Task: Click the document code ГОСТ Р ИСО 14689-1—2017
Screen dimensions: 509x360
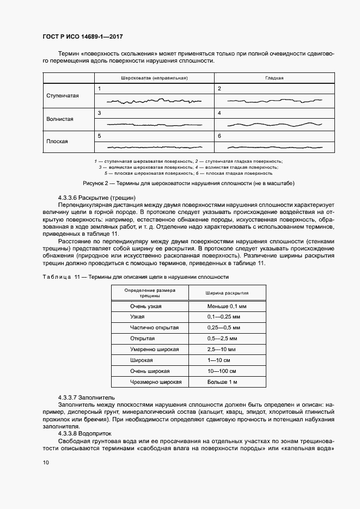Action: pyautogui.click(x=82, y=37)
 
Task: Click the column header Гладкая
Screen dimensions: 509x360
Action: pyautogui.click(x=274, y=78)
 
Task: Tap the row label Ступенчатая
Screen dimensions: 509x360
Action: pyautogui.click(x=63, y=96)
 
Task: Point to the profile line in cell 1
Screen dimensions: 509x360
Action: pyautogui.click(x=154, y=101)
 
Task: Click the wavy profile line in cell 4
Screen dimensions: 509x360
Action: pyautogui.click(x=274, y=124)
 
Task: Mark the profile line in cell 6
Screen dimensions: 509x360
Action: pyautogui.click(x=274, y=146)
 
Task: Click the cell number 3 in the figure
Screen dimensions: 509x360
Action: pyautogui.click(x=99, y=113)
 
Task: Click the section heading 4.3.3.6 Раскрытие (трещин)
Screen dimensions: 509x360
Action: pyautogui.click(x=96, y=197)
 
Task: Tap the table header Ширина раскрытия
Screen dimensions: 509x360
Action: pyautogui.click(x=227, y=293)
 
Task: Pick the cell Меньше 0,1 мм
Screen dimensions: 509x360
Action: pyautogui.click(x=227, y=306)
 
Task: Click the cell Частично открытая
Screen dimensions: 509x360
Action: pyautogui.click(x=150, y=328)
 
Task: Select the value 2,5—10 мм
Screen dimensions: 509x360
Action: pyautogui.click(x=221, y=349)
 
